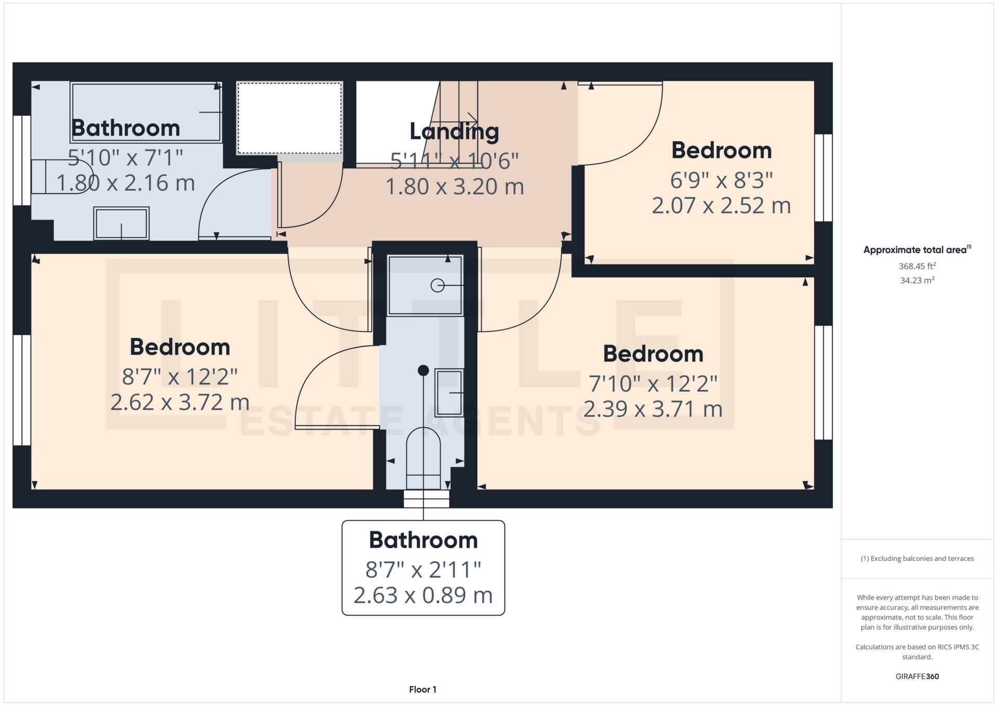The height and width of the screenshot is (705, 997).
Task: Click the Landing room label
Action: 454,131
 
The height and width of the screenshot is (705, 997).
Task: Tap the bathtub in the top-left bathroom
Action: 146,112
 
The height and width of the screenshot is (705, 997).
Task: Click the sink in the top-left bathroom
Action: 121,223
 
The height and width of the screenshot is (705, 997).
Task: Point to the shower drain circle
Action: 437,285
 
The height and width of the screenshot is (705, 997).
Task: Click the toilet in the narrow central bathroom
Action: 423,452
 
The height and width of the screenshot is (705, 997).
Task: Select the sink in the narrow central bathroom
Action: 449,393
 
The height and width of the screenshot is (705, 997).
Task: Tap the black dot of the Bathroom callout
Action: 423,370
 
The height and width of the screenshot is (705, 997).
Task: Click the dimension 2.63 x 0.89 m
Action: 423,595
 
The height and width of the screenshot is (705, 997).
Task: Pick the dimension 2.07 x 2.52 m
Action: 721,205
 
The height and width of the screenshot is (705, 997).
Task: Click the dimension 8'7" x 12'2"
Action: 180,377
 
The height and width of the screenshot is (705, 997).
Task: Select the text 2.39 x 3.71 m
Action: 653,409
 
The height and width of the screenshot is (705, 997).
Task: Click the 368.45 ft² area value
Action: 917,266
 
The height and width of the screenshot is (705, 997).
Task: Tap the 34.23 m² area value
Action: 917,281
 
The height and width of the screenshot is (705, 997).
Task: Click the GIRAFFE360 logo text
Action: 917,676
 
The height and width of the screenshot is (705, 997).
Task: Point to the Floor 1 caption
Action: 422,689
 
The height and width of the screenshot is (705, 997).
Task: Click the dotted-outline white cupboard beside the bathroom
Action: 289,118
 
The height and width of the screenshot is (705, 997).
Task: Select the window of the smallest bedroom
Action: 823,178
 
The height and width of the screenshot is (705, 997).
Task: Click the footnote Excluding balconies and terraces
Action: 917,558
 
